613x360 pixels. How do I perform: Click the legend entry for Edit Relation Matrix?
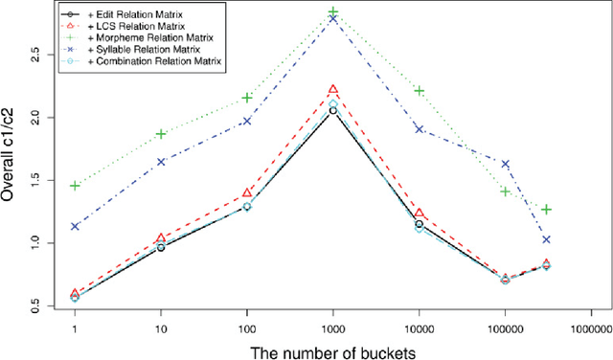[114, 14]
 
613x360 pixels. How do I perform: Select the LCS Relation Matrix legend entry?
[114, 26]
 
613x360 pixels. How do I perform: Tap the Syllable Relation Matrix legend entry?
[119, 49]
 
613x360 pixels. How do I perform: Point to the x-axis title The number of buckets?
[333, 351]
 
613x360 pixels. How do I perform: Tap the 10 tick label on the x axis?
[161, 328]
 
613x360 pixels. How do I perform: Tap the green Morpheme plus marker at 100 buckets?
[247, 97]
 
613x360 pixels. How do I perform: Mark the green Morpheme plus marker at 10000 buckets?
[419, 91]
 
